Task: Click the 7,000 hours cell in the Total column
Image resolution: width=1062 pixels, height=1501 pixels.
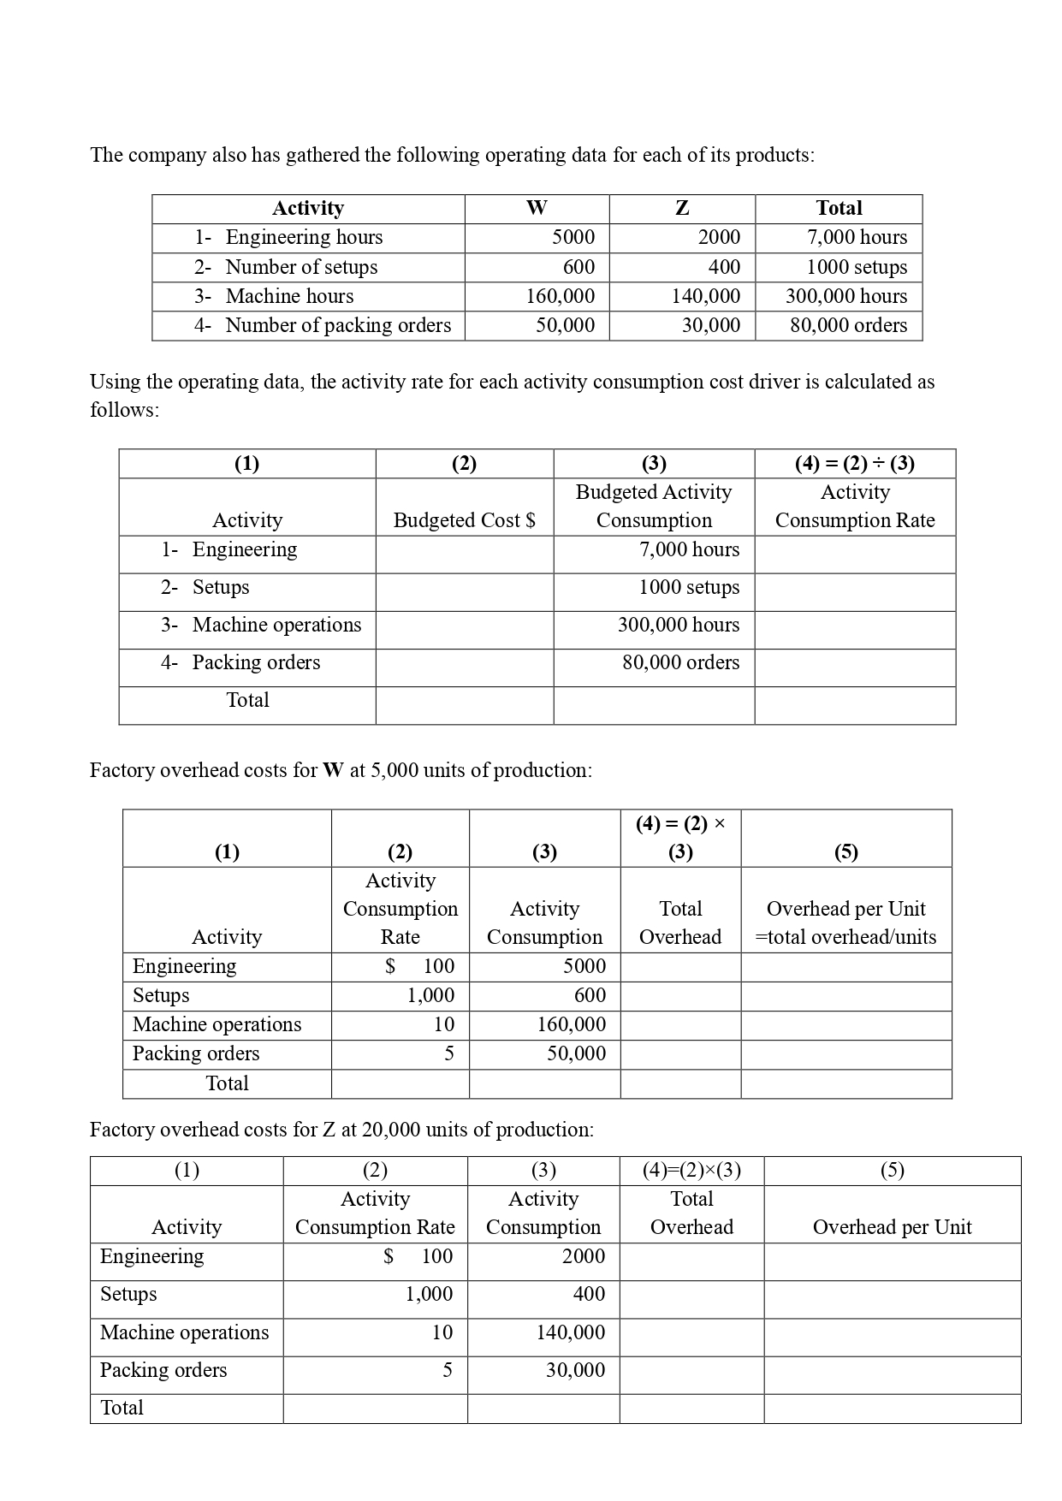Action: point(857,237)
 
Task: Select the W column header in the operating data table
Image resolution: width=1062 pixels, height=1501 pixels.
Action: point(537,208)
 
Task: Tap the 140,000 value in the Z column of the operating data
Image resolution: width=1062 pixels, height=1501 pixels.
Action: point(705,296)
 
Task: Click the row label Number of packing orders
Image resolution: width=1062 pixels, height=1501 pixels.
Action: point(337,325)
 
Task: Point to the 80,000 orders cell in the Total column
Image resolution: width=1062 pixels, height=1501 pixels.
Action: point(848,325)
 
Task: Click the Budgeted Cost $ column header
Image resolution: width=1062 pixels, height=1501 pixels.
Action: point(464,520)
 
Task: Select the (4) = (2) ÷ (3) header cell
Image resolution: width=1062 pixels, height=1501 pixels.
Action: point(854,464)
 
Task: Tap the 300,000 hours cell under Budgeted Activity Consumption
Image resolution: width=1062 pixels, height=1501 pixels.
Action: point(678,625)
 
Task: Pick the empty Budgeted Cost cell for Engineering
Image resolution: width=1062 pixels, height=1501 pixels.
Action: point(464,554)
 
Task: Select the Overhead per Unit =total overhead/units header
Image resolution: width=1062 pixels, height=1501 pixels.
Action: point(845,923)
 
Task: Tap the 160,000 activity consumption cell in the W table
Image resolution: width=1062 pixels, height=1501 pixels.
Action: point(571,1024)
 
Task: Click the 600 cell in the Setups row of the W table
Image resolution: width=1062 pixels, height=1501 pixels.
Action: point(589,995)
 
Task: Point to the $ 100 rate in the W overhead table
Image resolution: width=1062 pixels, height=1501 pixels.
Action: point(419,966)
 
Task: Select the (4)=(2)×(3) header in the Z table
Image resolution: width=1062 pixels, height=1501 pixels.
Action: point(691,1170)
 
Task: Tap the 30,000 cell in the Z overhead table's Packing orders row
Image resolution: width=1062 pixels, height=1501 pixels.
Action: point(575,1370)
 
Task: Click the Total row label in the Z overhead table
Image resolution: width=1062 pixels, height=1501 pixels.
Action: point(122,1408)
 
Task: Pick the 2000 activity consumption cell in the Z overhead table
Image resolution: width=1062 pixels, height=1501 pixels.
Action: point(583,1256)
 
